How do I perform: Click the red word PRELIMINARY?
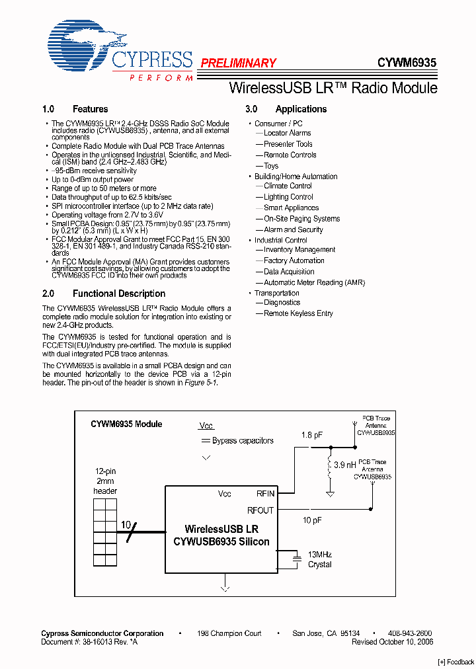coord(238,63)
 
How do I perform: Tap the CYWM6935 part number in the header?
coord(407,63)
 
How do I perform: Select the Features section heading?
coord(90,109)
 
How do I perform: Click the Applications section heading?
coord(301,109)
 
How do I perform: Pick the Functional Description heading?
coord(119,294)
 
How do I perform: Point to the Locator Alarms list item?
coord(287,134)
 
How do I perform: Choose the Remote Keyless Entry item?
coord(298,313)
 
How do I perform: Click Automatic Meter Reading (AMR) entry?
coord(314,282)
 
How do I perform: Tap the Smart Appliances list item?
coord(291,208)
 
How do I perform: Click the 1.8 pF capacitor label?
coord(312,435)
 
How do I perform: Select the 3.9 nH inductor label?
coord(344,465)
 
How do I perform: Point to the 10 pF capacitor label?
coord(312,520)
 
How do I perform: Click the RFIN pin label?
coord(265,493)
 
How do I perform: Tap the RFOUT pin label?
coord(260,510)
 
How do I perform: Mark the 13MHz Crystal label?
coord(319,559)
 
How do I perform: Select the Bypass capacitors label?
coord(243,441)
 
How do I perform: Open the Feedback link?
coord(456,662)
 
